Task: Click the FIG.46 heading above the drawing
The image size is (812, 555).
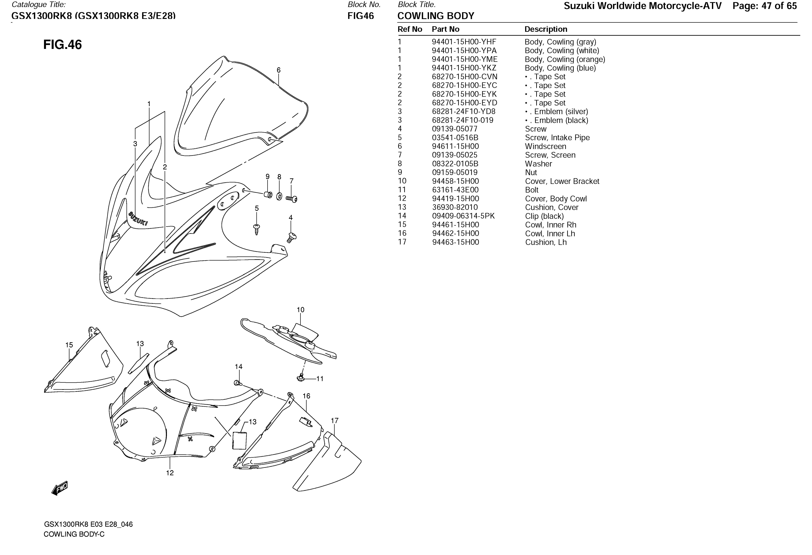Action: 63,45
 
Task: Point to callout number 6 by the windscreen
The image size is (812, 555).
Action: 279,70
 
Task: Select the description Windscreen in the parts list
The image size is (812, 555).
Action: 545,146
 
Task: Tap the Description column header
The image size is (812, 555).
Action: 546,29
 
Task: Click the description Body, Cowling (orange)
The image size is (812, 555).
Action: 565,59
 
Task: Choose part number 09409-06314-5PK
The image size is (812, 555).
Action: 463,216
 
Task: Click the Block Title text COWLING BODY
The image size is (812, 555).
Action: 436,16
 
